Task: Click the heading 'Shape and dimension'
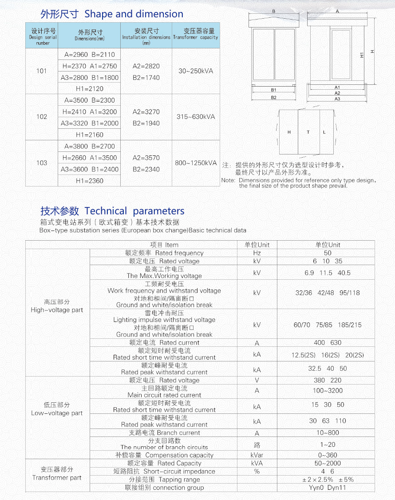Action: tap(134, 14)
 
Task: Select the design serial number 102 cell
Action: tap(42, 117)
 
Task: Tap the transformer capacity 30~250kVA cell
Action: tap(196, 71)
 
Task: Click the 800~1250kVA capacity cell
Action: tap(196, 163)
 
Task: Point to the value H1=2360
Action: tap(89, 181)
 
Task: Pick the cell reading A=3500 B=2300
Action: tap(89, 100)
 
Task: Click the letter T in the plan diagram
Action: tap(308, 132)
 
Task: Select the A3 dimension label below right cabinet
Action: tap(337, 99)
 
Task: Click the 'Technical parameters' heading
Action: tap(134, 211)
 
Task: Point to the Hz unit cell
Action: tap(257, 253)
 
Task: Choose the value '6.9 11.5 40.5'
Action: tap(328, 273)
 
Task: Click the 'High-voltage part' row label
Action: tap(57, 306)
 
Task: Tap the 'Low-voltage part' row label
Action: tap(57, 409)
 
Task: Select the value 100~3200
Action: tap(328, 391)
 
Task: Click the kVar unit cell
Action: tap(257, 455)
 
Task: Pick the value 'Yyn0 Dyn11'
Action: tap(328, 488)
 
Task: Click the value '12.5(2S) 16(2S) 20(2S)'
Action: tap(328, 355)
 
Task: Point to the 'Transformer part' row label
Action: tap(57, 473)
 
